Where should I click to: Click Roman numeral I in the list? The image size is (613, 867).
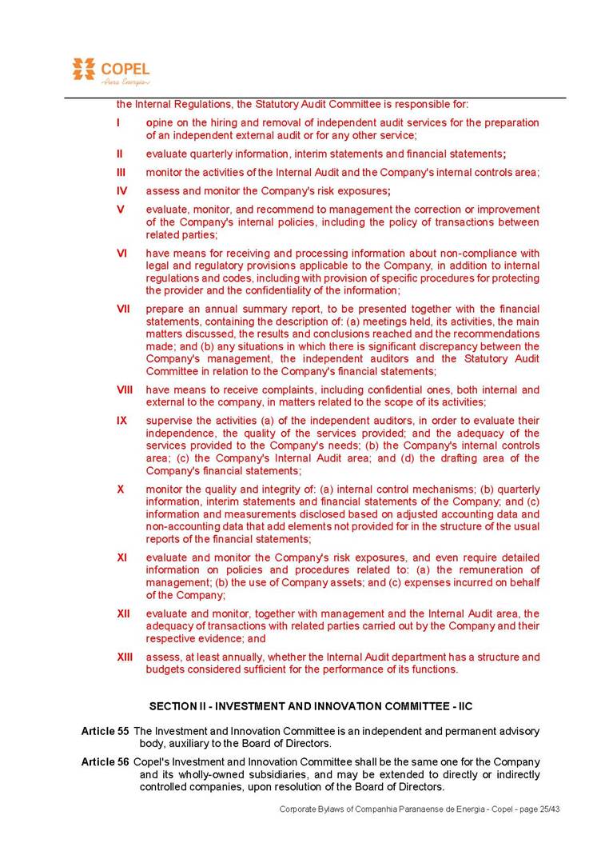(x=118, y=123)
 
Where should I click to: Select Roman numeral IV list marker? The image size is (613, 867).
(x=121, y=191)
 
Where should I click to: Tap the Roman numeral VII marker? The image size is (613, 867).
(x=123, y=309)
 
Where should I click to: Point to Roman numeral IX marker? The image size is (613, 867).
(x=121, y=421)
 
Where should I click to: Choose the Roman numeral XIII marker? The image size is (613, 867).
(x=125, y=657)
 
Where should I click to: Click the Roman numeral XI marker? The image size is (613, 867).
(x=122, y=557)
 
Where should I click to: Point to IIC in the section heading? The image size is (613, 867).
(x=466, y=706)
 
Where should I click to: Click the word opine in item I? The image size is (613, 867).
(x=160, y=123)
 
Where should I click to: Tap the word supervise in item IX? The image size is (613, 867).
(x=169, y=421)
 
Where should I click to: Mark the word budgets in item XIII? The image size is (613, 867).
(x=165, y=669)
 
